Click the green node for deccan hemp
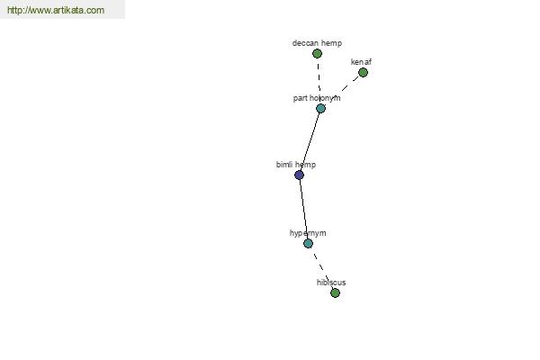tap(317, 53)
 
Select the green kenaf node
tap(363, 72)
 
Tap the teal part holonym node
tap(320, 109)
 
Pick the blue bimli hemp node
tap(300, 175)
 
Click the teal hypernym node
tap(308, 244)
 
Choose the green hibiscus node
tap(335, 292)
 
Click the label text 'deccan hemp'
tap(317, 43)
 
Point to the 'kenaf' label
tap(361, 62)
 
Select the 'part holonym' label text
tap(317, 98)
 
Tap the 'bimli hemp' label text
tap(296, 165)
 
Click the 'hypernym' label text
tap(308, 233)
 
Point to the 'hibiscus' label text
tap(331, 283)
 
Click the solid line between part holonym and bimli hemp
tap(310, 142)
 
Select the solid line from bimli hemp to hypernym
tap(304, 210)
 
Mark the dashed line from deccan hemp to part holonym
tap(319, 81)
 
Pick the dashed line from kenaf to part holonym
tap(342, 90)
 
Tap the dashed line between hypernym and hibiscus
tap(321, 268)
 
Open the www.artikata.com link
tap(56, 10)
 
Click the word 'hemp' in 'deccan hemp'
tap(332, 43)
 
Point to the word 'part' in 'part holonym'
tap(300, 98)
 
